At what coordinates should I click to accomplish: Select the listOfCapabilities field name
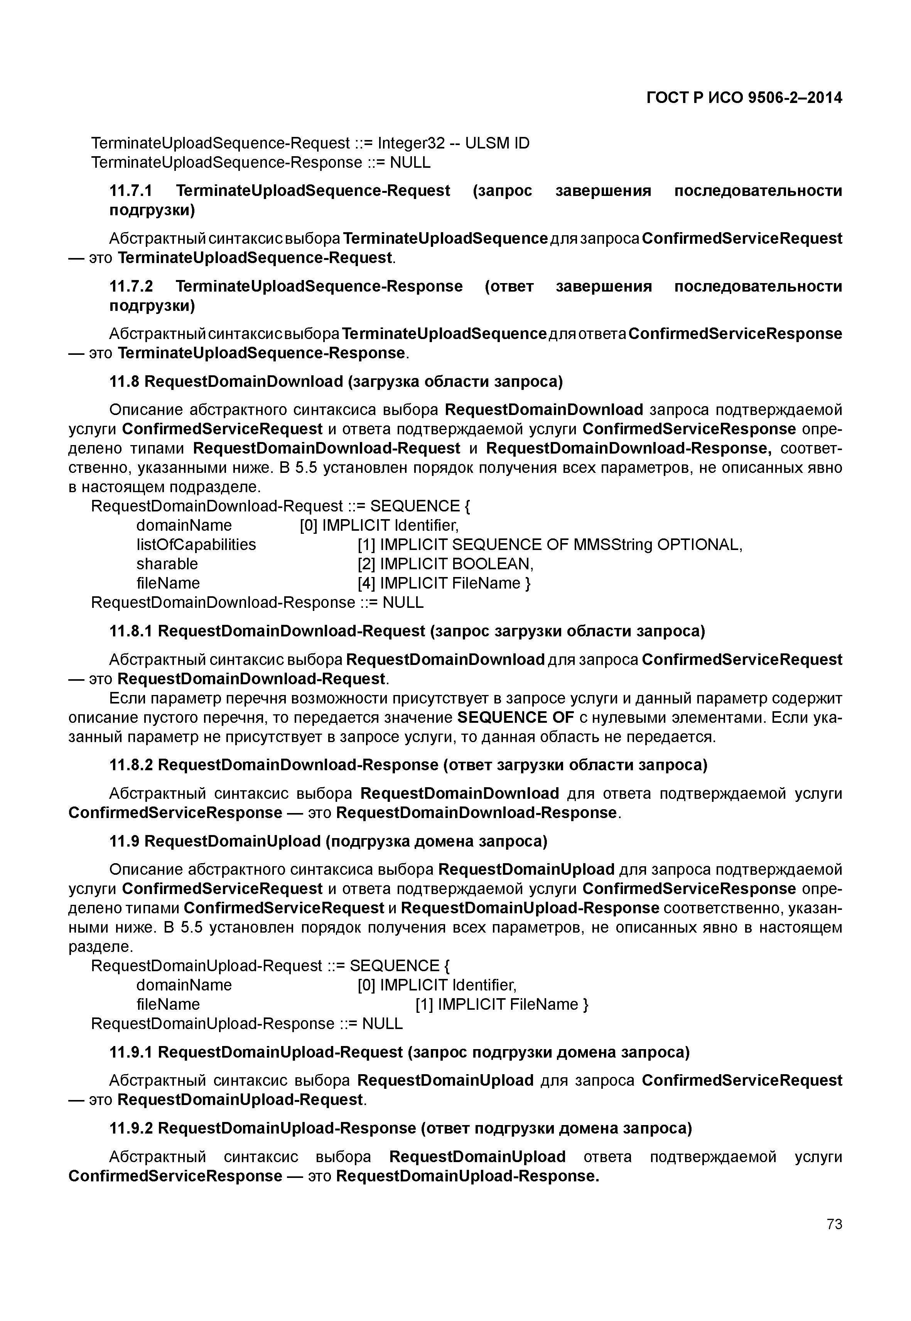click(x=196, y=545)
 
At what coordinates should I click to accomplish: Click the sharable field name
click(x=167, y=564)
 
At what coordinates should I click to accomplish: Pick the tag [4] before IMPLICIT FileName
click(x=366, y=584)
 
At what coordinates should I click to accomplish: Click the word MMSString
click(x=613, y=545)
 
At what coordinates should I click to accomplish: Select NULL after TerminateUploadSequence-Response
click(x=410, y=163)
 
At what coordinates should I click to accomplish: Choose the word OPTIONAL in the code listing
click(x=699, y=545)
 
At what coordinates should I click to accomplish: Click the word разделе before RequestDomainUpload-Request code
click(x=100, y=947)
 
